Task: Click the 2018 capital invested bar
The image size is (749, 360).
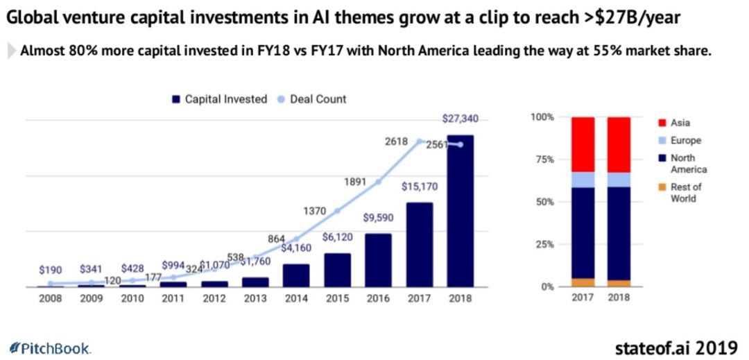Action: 460,211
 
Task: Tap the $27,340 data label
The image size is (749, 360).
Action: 460,119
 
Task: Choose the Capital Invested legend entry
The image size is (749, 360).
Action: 219,99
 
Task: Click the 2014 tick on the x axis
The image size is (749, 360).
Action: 296,299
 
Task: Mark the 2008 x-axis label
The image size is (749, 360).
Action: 50,299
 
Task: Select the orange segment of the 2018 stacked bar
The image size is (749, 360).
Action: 619,283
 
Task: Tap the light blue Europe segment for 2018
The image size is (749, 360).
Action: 619,180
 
